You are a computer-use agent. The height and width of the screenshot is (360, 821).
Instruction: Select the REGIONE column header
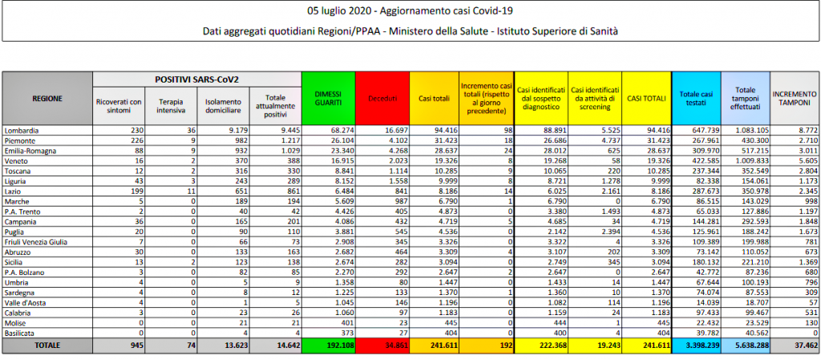(47, 98)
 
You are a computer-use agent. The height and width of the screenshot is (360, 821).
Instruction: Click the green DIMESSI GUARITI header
(327, 98)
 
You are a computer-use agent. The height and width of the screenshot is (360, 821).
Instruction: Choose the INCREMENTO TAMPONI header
(794, 98)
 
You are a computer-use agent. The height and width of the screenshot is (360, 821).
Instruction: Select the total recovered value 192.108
(327, 345)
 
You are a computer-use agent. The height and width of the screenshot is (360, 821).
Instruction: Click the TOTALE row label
(47, 345)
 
